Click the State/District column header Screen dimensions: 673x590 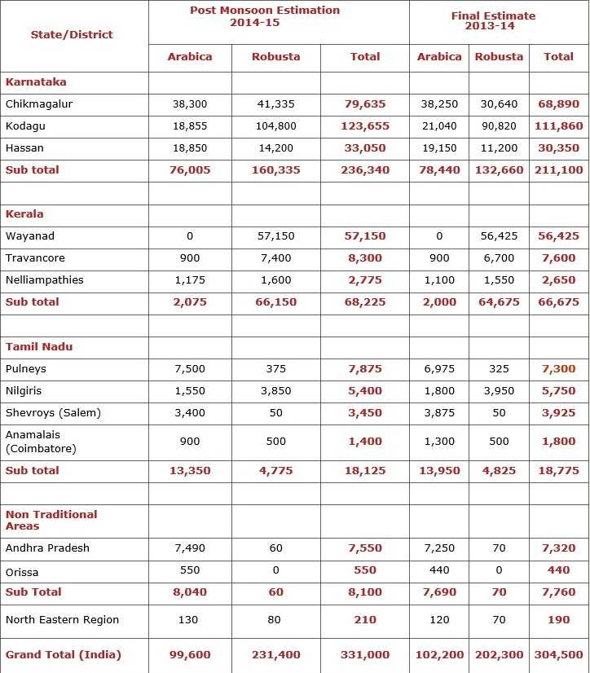pos(72,34)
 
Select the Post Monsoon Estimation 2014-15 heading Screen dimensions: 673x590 pos(265,16)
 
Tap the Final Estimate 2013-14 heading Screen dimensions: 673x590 pos(493,20)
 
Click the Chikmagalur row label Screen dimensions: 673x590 pos(39,104)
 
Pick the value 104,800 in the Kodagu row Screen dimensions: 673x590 pos(275,126)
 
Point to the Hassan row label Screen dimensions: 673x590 pos(24,148)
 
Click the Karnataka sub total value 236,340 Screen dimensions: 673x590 pos(364,170)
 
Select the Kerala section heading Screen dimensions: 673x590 pos(24,214)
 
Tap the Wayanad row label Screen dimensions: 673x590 pos(30,236)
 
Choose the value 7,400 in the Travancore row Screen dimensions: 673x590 pos(275,258)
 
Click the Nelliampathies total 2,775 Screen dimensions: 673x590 pos(364,280)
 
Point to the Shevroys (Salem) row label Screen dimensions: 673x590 pos(53,413)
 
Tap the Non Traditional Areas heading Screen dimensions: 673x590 pos(51,520)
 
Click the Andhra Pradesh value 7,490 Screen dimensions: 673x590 pos(189,548)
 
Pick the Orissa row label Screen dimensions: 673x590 pos(22,572)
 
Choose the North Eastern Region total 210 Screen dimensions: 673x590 pos(364,620)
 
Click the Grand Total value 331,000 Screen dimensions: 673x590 pos(364,655)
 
